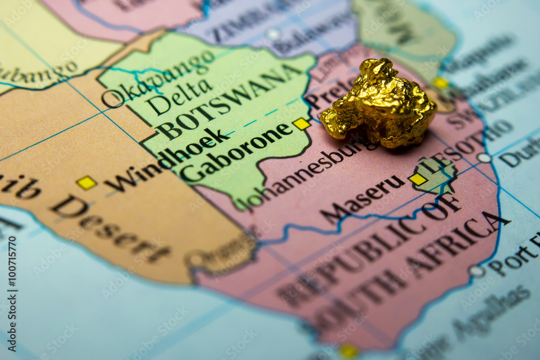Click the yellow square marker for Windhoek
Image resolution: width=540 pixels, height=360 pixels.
(x=86, y=182)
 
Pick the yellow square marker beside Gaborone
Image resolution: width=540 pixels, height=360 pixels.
(x=301, y=124)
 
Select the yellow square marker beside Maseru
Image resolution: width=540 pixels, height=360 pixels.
(x=417, y=179)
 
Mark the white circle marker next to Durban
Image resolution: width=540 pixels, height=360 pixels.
(x=484, y=158)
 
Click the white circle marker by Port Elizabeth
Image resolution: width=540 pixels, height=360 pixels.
(x=476, y=271)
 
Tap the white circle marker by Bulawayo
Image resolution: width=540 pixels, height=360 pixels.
(x=273, y=34)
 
